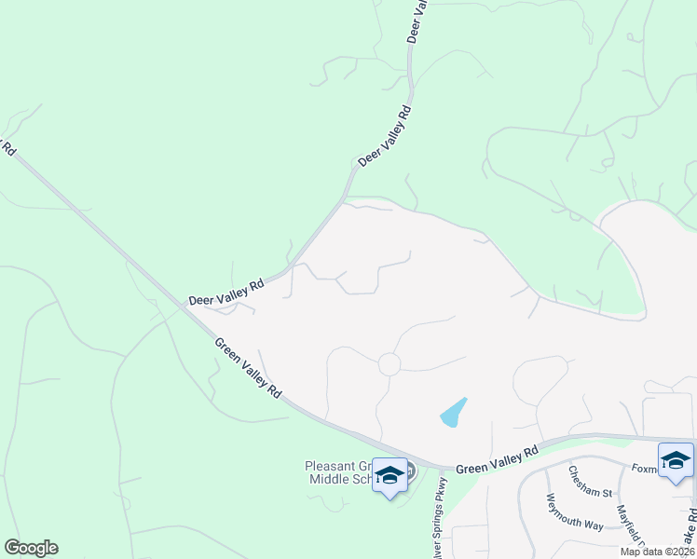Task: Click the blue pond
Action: [453, 412]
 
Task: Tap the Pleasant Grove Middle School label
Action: [340, 472]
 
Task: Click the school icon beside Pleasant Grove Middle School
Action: [389, 475]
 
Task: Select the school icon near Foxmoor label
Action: [676, 460]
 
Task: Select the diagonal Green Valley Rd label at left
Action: [248, 368]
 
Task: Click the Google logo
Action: [31, 548]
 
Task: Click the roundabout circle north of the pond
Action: [389, 364]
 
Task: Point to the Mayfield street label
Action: [634, 527]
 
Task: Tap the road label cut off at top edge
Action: [417, 20]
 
